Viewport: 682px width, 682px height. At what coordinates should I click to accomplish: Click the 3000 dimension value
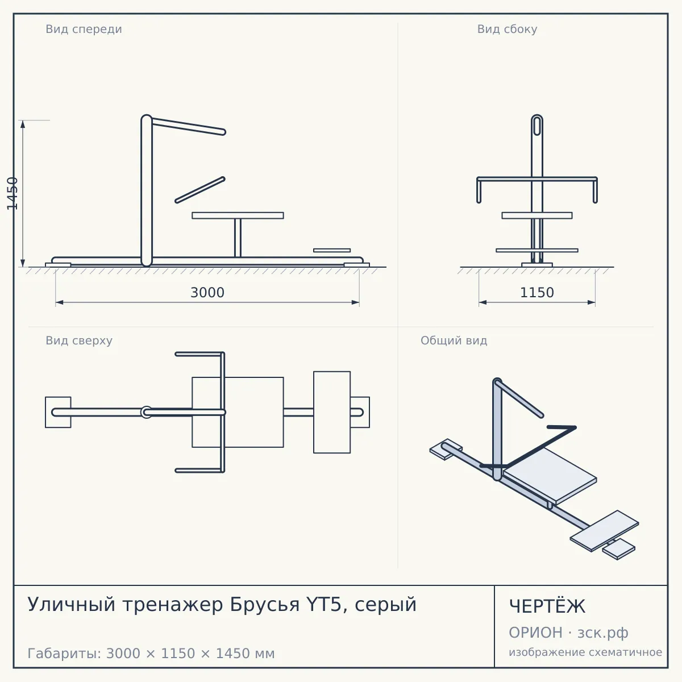pos(207,293)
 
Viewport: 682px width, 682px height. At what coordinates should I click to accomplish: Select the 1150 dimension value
pos(537,293)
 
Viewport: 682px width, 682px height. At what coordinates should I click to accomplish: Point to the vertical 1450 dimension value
pos(13,194)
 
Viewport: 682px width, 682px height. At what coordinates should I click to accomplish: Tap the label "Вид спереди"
pos(84,29)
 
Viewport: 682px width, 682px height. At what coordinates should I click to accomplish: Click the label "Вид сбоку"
pos(507,29)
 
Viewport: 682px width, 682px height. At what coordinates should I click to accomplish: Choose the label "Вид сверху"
pos(79,340)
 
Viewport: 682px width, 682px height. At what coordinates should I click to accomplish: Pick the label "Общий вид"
pos(454,340)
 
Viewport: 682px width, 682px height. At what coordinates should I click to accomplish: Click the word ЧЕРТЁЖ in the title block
pos(547,606)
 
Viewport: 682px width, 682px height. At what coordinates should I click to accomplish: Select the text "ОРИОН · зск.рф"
pos(568,633)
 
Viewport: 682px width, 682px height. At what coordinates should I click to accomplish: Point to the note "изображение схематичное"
pos(585,652)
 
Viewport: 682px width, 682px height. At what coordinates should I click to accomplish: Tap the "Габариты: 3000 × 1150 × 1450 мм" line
pos(151,654)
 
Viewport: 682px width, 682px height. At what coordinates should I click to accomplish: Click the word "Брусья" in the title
pos(265,605)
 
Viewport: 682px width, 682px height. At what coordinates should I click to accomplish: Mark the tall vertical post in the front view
pos(147,190)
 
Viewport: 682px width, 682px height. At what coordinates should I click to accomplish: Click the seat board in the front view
pos(238,215)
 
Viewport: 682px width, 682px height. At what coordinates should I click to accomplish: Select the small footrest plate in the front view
pos(332,250)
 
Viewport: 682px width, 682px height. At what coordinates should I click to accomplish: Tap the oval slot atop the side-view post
pos(537,126)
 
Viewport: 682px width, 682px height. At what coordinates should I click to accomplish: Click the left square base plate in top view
pos(58,412)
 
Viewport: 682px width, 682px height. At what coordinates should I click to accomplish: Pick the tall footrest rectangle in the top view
pos(332,412)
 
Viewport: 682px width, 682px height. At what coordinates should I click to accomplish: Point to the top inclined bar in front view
pos(188,126)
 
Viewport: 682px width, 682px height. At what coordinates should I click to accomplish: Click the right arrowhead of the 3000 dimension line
pos(355,302)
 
